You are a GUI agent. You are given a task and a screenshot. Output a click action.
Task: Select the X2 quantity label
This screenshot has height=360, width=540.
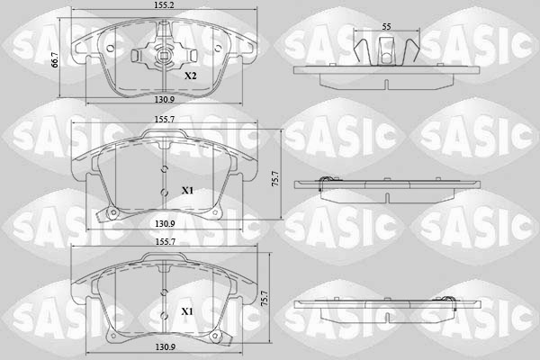(190, 77)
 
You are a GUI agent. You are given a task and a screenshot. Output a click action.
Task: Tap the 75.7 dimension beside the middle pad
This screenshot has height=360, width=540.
(275, 177)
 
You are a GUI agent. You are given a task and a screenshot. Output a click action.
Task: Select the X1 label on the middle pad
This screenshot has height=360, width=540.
(187, 191)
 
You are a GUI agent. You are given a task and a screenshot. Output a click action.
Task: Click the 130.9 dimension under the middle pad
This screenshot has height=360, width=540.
(163, 222)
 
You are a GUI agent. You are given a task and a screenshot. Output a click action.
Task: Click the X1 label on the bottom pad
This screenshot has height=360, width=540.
(187, 311)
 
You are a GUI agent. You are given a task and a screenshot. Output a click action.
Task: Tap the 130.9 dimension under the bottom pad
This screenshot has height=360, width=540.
(163, 347)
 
